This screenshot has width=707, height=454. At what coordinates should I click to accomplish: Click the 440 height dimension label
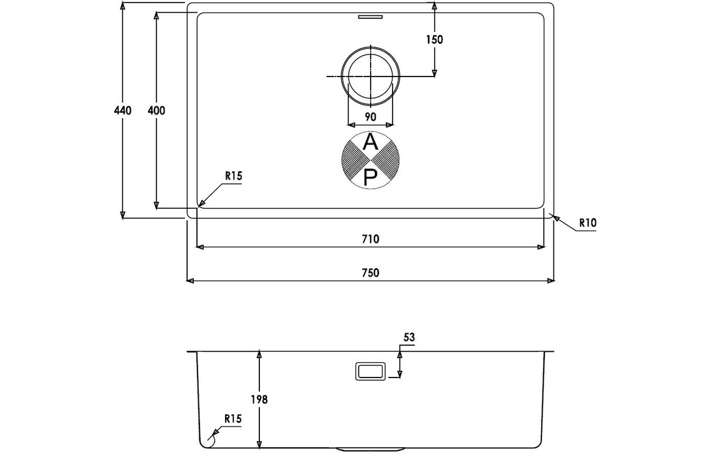pos(123,110)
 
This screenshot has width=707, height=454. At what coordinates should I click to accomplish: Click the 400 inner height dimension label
pos(157,110)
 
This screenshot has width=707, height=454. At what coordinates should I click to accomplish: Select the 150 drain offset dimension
pos(435,40)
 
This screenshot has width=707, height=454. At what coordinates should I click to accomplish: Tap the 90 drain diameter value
pos(370,117)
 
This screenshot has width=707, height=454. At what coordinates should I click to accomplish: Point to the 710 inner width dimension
pos(370,239)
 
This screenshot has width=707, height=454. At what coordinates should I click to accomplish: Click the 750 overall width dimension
pos(370,272)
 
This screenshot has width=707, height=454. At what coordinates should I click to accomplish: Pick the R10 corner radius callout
pos(588,223)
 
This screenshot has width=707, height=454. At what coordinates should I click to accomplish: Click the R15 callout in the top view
pos(234,176)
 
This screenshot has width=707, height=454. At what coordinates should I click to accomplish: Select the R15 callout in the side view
pos(233,419)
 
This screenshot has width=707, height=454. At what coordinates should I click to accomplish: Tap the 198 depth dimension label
pos(259,400)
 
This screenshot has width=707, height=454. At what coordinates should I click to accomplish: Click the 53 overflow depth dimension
pos(409,338)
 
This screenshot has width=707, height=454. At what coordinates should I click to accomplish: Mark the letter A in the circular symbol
pos(371,143)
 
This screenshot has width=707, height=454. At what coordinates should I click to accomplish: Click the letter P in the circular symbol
pos(370,178)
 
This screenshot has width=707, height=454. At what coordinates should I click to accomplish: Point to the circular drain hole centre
pos(371,76)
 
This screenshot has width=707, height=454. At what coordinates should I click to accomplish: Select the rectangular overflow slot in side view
pos(370,371)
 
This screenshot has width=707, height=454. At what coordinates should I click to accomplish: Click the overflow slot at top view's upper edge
pos(370,18)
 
